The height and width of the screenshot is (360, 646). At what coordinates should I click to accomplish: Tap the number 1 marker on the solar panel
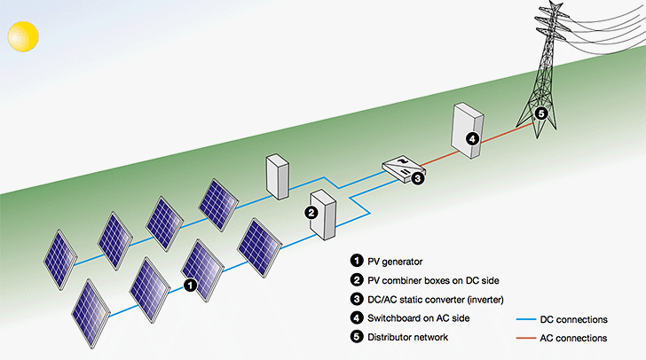189,285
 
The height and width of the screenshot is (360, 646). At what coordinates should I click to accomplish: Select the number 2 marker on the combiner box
311,212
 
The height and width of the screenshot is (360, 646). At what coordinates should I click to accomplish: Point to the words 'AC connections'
579,338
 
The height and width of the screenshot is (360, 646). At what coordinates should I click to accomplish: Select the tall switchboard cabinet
467,131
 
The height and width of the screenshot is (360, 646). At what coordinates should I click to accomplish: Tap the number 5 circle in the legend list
357,337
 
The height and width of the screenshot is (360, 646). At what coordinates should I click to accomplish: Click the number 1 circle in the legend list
357,261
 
